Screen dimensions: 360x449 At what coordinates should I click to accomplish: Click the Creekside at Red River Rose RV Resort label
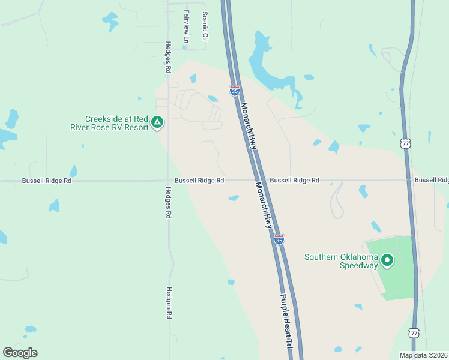115,123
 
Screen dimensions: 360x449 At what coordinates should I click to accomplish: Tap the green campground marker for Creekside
157,122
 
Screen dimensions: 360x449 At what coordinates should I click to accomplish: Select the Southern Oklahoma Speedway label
341,261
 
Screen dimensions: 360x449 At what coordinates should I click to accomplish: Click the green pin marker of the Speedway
387,260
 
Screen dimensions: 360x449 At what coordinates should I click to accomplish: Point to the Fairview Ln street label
187,27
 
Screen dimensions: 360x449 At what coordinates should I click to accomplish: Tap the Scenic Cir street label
205,26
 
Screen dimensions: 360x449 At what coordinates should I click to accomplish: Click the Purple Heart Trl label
287,322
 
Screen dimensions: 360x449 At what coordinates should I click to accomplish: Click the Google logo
20,353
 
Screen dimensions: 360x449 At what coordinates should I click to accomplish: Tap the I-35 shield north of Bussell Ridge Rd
235,91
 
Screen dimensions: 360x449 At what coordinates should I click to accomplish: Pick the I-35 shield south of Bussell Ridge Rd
279,239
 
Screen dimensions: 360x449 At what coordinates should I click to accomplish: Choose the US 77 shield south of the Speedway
414,332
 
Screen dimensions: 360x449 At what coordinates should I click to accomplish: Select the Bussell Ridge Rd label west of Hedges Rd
47,180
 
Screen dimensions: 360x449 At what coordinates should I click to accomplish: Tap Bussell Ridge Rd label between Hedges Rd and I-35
199,180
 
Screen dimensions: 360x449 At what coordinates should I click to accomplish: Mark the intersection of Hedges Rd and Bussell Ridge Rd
169,180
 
